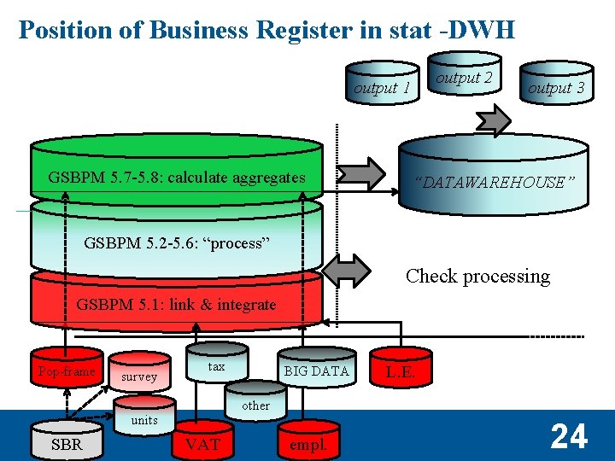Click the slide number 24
[569, 437]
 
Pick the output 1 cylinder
[382, 84]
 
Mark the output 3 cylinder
[556, 85]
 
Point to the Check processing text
[477, 276]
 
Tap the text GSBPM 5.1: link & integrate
[177, 304]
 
